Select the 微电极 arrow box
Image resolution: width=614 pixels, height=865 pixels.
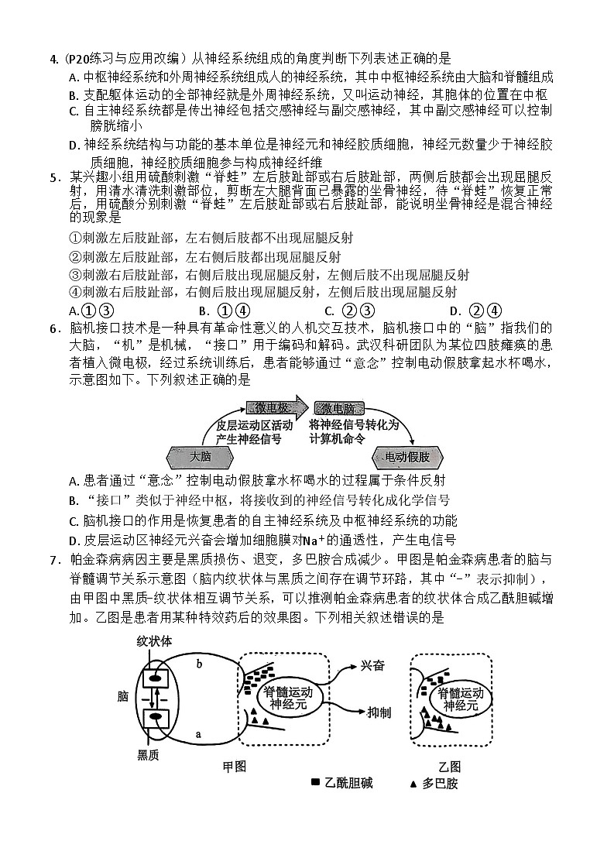(274, 409)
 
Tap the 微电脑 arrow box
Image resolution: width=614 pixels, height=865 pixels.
(338, 409)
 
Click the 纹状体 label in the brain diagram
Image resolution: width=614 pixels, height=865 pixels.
(153, 642)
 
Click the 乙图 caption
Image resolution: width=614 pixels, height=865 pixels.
(449, 766)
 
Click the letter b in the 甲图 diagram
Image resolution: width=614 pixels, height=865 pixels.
(200, 664)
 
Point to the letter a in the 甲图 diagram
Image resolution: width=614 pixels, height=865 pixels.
(199, 733)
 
